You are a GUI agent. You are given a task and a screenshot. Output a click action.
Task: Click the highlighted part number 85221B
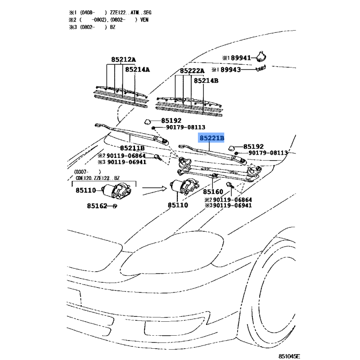211,139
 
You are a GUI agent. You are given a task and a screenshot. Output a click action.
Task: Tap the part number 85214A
137,70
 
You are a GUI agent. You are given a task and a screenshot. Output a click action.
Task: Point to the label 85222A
192,71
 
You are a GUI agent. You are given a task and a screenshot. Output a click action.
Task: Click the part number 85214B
206,81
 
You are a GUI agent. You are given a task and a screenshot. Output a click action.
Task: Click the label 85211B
132,148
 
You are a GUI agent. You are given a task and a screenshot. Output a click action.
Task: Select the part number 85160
213,191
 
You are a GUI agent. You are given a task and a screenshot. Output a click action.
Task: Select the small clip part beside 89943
261,68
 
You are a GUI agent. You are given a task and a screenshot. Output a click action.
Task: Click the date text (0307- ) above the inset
88,171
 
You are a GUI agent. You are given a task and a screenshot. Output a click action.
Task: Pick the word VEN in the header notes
144,20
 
